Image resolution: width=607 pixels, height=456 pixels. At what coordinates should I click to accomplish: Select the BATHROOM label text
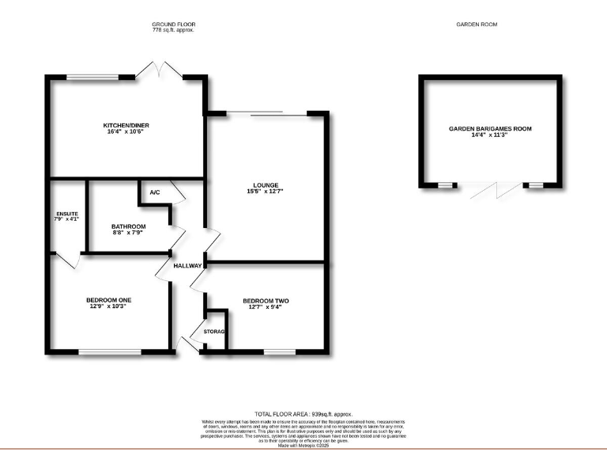127,226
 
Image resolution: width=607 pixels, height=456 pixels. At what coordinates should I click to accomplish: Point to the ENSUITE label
68,213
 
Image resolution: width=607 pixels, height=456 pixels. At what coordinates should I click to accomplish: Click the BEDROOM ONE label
109,299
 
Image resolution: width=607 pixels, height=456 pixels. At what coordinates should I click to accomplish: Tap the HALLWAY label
189,265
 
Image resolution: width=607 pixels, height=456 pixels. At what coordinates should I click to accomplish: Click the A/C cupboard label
154,192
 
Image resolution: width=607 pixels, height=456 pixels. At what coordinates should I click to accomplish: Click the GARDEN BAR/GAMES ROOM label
490,128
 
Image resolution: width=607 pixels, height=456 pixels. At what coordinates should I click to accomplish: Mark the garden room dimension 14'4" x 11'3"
490,135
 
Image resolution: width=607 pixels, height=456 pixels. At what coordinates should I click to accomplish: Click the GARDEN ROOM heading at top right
477,25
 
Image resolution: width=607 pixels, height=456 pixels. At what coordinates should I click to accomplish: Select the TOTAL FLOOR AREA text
303,413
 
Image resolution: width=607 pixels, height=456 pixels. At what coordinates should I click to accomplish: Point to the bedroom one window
109,351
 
